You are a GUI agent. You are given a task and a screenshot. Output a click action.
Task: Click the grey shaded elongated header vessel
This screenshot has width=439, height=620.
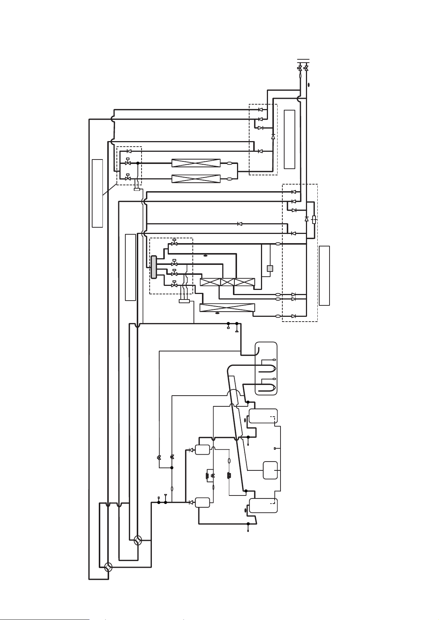point(153,267)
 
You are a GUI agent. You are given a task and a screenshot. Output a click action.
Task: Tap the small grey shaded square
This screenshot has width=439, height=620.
point(270,269)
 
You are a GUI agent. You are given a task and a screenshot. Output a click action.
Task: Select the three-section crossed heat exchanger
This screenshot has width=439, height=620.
point(227,283)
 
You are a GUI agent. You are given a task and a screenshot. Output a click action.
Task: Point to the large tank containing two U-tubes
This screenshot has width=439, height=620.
point(266,368)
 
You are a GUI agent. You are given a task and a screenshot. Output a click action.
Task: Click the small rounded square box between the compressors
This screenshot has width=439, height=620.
point(270,470)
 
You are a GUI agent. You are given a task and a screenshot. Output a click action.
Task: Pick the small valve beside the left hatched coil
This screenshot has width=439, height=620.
point(212,476)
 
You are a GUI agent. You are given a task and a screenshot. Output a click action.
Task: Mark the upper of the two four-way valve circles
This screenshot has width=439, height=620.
point(137,540)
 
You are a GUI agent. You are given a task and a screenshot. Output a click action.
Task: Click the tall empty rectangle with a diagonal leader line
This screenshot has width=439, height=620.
point(97,193)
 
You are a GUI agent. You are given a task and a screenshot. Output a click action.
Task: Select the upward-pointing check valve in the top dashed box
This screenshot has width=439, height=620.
point(273,137)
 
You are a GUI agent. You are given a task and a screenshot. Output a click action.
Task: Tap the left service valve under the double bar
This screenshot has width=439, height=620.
point(300,69)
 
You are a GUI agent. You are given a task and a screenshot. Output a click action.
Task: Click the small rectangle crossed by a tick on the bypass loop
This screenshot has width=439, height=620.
point(314,220)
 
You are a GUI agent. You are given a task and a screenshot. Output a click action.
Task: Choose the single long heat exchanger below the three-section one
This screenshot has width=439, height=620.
point(227,308)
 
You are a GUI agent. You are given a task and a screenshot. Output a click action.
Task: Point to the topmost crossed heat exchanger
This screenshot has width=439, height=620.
point(196,163)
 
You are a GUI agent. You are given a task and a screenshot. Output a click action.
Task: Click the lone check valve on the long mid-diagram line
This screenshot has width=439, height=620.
point(240,224)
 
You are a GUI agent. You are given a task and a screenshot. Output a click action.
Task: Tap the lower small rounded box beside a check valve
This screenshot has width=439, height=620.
point(202,502)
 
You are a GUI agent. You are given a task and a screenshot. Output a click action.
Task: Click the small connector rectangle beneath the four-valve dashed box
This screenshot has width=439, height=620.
point(184,301)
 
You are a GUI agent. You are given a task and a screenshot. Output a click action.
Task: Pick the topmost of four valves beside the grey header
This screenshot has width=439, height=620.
point(174,244)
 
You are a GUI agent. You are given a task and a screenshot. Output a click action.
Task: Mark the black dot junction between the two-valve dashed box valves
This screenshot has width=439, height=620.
point(137,163)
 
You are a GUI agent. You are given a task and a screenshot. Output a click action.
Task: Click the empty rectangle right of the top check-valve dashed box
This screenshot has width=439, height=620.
point(290,139)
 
